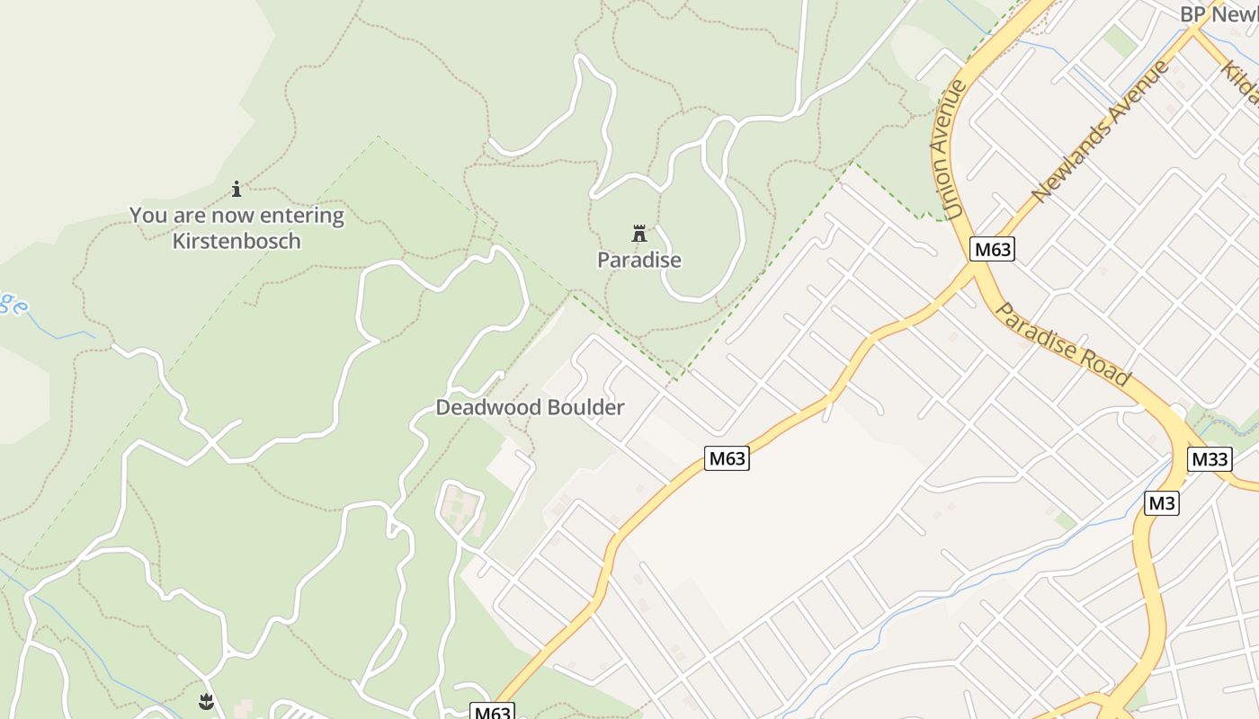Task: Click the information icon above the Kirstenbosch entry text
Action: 237,189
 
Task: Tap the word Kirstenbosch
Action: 237,241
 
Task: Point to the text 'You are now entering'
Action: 237,216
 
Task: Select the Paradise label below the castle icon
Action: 639,261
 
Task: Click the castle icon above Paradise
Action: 639,235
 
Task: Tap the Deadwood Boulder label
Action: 530,408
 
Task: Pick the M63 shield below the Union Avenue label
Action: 992,250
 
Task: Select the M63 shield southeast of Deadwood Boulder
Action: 727,458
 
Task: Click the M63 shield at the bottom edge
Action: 492,713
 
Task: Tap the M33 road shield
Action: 1210,459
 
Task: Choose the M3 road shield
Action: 1161,503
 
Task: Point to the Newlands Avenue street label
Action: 1100,131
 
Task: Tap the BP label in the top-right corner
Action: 1192,14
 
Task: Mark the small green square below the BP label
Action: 1121,40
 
